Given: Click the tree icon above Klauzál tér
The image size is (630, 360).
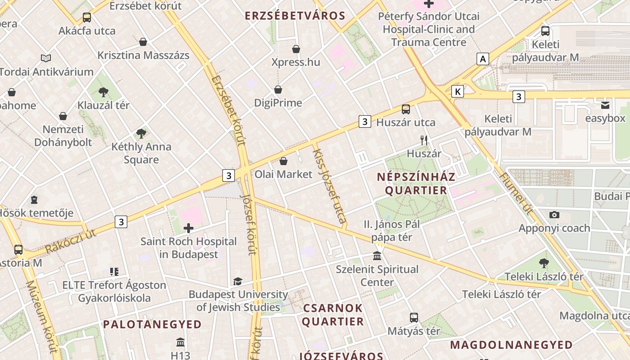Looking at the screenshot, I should point(103,92).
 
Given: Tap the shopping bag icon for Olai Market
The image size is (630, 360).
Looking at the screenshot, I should point(283,161).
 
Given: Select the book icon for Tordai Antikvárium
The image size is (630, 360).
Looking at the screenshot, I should point(46,58).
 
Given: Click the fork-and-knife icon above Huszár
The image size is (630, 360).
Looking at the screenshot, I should point(424,140).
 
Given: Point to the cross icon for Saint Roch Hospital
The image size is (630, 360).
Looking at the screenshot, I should point(189,228).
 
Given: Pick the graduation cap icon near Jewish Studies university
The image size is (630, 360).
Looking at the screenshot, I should point(238,282).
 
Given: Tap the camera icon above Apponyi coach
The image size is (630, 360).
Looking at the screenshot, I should point(554,215).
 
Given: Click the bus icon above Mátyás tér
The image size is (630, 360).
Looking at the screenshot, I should point(414,318).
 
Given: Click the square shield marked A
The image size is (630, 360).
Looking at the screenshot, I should point(483,59).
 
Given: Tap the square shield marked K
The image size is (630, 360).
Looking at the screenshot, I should point(458,92).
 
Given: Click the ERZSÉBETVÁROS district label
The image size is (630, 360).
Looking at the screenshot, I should point(295,16).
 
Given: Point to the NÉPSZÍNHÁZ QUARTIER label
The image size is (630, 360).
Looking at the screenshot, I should point(416,183).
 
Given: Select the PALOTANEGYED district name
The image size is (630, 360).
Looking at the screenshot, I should point(152,324).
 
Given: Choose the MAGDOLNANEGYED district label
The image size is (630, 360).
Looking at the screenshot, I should point(511,345).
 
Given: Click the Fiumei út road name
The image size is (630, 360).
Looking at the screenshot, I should point(517,193).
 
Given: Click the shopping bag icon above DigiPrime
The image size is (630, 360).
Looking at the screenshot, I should point(278,90).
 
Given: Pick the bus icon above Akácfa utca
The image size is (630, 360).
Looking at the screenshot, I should point(87,18).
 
